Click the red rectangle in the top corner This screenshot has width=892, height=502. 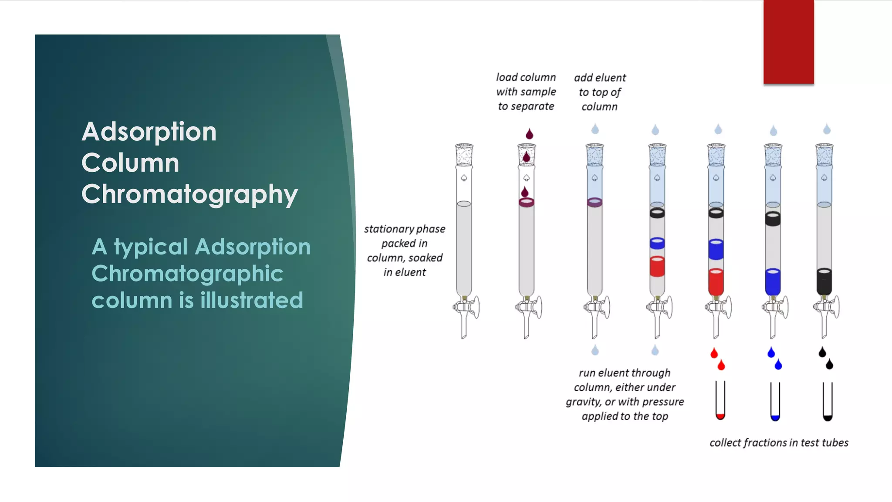click(788, 42)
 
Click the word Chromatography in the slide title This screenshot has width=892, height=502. click(189, 194)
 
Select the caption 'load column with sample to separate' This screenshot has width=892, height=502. click(526, 92)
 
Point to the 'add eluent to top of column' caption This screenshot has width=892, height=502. click(600, 92)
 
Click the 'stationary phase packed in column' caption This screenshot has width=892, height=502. click(405, 251)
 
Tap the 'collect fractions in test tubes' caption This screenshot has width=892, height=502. click(779, 443)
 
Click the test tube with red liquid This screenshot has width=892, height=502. click(720, 401)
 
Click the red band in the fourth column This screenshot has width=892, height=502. click(657, 266)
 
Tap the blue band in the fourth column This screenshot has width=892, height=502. click(657, 243)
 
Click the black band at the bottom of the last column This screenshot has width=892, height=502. click(824, 282)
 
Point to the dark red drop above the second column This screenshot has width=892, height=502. click(529, 134)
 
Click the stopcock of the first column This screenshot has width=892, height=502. click(466, 307)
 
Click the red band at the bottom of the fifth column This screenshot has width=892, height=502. click(716, 282)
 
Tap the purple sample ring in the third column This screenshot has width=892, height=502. click(595, 202)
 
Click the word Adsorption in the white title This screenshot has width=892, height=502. click(149, 132)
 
